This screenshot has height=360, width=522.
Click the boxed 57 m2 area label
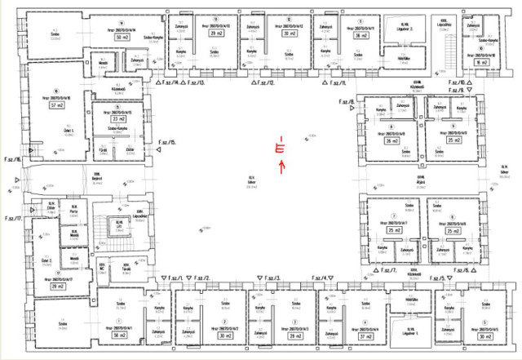coord(56,106)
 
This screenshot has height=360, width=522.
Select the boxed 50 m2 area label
coord(122,38)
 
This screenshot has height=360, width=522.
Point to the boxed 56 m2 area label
coord(120,336)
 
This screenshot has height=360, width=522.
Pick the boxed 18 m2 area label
coord(480,62)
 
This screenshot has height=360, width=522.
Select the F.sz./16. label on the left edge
coord(11,159)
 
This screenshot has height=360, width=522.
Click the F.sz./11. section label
coord(337,83)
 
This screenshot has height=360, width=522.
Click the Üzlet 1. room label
coord(56,131)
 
